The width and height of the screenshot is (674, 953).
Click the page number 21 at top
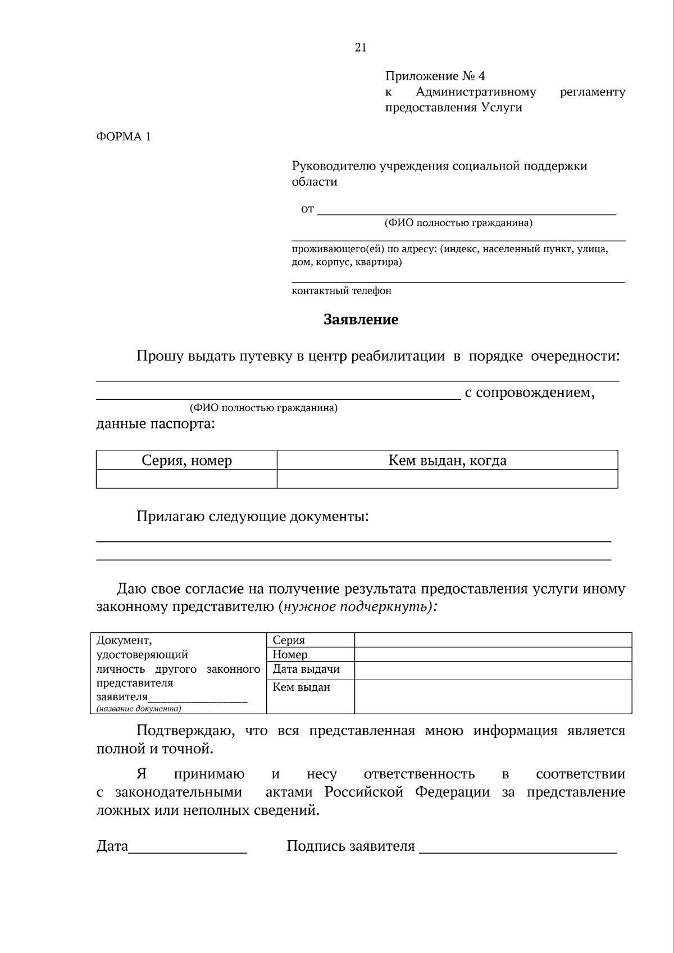coord(361,48)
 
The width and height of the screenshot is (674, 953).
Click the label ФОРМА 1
coord(124,136)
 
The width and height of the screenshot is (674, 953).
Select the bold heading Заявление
coord(361,320)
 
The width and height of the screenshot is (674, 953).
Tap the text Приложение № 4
coord(435,76)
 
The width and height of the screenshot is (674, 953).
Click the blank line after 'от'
coord(466,210)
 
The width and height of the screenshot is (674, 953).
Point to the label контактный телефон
coord(341,291)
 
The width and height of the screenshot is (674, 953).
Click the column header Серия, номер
coord(186,460)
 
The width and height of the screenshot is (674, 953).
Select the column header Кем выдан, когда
coord(447,460)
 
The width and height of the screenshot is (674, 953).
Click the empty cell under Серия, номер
coord(186,479)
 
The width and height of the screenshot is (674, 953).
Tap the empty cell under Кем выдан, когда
coord(447,479)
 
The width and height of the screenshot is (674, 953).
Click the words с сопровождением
coord(529,392)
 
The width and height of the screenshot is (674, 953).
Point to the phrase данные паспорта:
coord(156,423)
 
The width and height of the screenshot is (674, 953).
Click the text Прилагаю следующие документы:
coord(253,516)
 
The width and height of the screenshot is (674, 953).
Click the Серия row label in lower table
coord(289,640)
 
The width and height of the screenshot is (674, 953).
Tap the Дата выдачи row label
coord(306,669)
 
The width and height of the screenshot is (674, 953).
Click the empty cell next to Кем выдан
coord(493,696)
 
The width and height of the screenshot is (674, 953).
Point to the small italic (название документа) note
coord(139,709)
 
